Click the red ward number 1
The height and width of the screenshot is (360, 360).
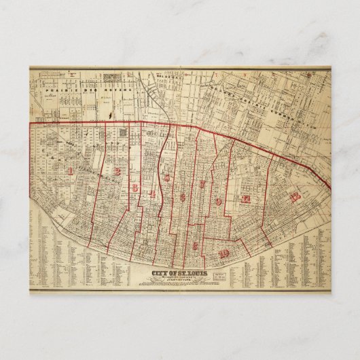click(x=70, y=170)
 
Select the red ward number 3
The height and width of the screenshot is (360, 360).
click(x=134, y=187)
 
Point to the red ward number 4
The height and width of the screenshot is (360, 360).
click(x=152, y=195)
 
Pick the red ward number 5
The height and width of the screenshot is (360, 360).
click(x=167, y=178)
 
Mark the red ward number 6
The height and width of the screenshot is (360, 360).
click(x=183, y=198)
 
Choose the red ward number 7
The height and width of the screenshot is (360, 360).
click(x=202, y=184)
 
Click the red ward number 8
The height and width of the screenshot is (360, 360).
click(x=194, y=245)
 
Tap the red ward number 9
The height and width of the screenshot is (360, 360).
click(x=218, y=202)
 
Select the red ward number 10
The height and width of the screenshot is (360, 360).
click(x=225, y=253)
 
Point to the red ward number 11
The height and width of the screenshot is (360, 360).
click(x=247, y=199)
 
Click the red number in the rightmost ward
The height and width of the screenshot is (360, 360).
click(x=294, y=197)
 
